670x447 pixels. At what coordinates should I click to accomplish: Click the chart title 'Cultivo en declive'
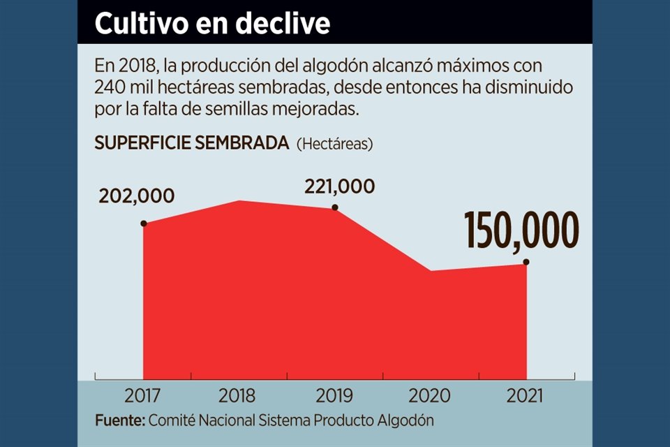(x=212, y=24)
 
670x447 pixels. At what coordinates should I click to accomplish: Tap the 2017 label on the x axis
(x=142, y=396)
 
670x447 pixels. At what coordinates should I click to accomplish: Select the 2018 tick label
(x=237, y=396)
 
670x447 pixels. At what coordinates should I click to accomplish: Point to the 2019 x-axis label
(x=334, y=396)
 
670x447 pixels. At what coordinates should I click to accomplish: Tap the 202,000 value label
(x=137, y=196)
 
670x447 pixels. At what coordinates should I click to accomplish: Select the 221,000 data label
(x=339, y=186)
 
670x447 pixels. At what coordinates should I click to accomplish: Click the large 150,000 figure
(x=521, y=231)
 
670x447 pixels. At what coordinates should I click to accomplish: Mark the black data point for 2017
(x=144, y=223)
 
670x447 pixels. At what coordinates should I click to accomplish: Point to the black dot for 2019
(x=335, y=207)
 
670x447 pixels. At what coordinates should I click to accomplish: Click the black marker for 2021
(x=526, y=263)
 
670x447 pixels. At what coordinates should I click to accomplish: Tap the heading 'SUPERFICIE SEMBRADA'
(x=191, y=143)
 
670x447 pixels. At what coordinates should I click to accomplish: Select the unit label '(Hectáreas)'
(x=335, y=144)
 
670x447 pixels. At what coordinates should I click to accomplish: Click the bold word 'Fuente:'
(x=119, y=421)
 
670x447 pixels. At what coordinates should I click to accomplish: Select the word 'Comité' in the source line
(x=172, y=421)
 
